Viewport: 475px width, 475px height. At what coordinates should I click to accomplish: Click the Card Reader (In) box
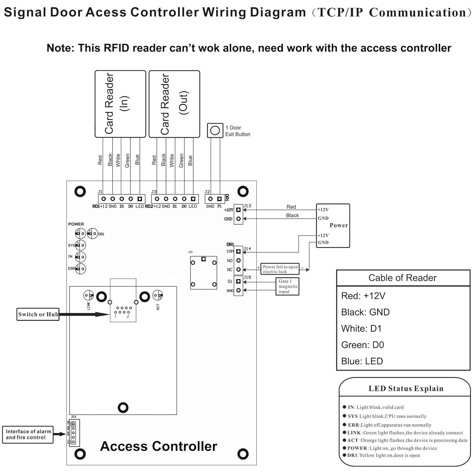pyautogui.click(x=120, y=104)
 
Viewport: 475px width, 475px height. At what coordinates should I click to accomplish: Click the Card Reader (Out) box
pyautogui.click(x=174, y=104)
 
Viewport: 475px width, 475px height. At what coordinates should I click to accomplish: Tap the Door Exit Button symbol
pyautogui.click(x=215, y=130)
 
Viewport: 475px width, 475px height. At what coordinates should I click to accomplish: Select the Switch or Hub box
pyautogui.click(x=38, y=314)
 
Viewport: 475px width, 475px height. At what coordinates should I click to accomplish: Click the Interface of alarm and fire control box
pyautogui.click(x=28, y=434)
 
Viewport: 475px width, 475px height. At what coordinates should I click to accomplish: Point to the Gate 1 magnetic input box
pyautogui.click(x=288, y=286)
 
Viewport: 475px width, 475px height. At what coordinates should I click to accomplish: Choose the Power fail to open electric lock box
pyautogui.click(x=280, y=269)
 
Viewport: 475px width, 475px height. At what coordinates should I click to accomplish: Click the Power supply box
pyautogui.click(x=333, y=225)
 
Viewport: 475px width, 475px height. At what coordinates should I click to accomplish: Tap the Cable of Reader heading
pyautogui.click(x=402, y=278)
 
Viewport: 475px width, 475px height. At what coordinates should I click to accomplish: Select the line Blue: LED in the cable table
pyautogui.click(x=362, y=361)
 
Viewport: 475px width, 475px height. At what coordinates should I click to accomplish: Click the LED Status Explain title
pyautogui.click(x=406, y=389)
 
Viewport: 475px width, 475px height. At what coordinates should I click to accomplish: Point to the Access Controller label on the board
pyautogui.click(x=159, y=446)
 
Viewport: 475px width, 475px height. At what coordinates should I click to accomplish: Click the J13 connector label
pyautogui.click(x=247, y=206)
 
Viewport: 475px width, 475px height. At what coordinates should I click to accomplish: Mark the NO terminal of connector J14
pyautogui.click(x=238, y=261)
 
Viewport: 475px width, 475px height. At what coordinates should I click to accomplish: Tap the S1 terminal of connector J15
pyautogui.click(x=238, y=281)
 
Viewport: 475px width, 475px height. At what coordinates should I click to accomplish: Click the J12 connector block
pyautogui.click(x=74, y=433)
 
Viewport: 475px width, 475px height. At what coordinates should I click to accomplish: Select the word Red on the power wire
pyautogui.click(x=291, y=207)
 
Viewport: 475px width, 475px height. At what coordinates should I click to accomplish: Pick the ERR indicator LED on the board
pyautogui.click(x=81, y=269)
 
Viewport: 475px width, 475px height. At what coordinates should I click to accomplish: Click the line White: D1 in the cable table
pyautogui.click(x=361, y=329)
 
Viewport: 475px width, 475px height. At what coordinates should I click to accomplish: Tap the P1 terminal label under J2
pyautogui.click(x=219, y=206)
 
